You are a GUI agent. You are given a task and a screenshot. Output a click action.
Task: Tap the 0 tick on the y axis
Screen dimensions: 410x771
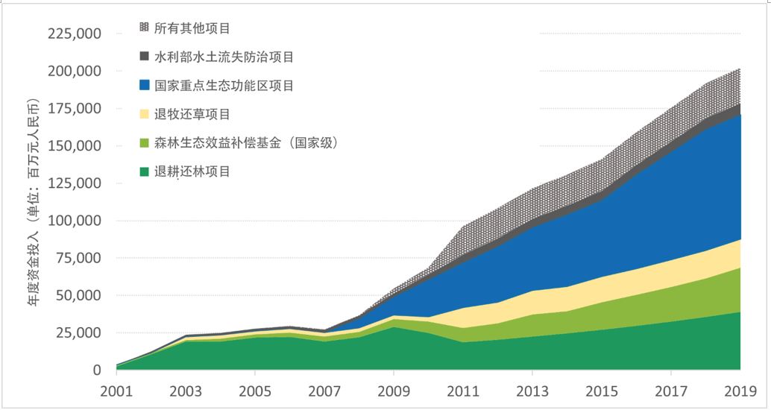(x=96, y=370)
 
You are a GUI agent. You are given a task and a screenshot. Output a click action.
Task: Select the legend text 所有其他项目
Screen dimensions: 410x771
(x=192, y=28)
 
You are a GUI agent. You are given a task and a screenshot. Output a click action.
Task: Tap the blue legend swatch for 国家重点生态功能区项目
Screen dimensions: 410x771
(x=144, y=86)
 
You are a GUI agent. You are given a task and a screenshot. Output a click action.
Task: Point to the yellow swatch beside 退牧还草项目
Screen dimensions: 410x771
(x=144, y=114)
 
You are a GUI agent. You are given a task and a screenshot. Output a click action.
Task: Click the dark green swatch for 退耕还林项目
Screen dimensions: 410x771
(x=144, y=171)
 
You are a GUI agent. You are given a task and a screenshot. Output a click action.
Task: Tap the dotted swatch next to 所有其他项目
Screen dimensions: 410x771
(x=144, y=28)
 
